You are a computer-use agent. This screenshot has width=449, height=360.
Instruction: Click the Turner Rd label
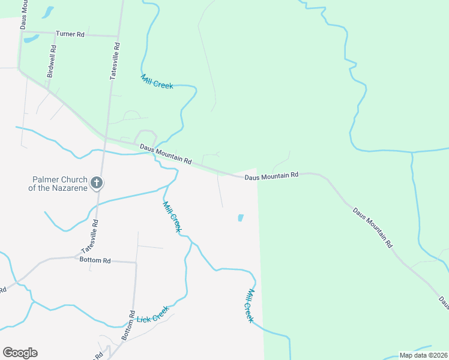coord(70,34)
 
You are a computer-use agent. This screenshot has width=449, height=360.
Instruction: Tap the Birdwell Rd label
coord(51,62)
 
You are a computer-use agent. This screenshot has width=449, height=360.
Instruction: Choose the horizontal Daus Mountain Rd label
coord(271,176)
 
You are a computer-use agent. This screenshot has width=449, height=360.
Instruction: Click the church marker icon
coord(97,183)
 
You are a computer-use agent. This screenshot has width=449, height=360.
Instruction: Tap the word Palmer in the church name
coord(46,179)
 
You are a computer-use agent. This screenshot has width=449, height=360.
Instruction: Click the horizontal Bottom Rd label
coord(95,260)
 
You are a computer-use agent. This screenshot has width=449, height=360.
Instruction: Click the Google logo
coord(20,353)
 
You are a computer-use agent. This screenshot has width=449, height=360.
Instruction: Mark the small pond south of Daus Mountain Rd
coord(241,218)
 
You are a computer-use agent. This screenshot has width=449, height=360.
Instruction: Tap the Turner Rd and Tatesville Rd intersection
coord(118,36)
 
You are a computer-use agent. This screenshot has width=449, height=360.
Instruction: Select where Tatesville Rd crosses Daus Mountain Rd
coord(106,140)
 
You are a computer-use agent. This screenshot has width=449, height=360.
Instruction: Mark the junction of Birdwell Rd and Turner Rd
coord(54,33)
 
